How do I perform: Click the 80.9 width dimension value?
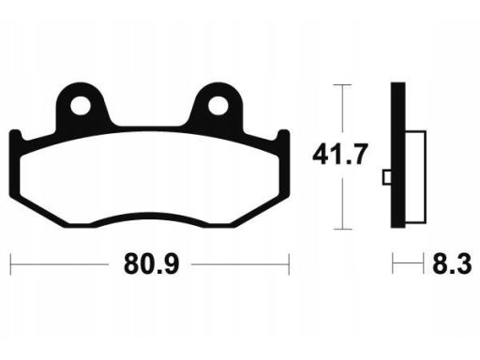(152, 264)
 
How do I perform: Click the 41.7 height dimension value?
(339, 155)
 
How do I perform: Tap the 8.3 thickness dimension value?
(452, 264)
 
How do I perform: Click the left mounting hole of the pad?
(81, 105)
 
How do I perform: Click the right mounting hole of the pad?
(217, 105)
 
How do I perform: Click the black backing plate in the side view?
(398, 155)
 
